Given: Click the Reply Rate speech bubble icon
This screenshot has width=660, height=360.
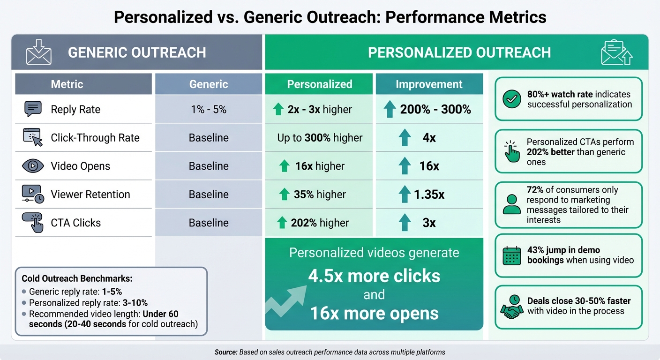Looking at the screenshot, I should tap(33, 109).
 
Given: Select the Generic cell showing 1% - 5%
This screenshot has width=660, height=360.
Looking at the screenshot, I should tap(209, 110).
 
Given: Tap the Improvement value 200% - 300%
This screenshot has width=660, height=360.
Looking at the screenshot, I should tap(435, 110).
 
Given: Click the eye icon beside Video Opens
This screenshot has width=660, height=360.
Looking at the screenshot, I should tap(33, 166).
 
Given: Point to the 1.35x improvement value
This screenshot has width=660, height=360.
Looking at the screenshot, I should tap(428, 195).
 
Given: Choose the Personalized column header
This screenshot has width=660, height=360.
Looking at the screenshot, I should tap(319, 84).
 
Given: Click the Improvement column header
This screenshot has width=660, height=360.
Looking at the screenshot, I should tap(429, 84).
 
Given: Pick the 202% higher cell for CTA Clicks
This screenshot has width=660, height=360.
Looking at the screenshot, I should tap(320, 223).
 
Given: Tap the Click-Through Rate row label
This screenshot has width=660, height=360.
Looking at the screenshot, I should tap(95, 138).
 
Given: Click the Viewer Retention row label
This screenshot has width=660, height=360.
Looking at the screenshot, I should tap(90, 195).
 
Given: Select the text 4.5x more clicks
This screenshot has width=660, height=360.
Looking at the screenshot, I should tap(374, 276).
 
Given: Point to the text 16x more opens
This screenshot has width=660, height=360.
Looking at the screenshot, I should tap(374, 314).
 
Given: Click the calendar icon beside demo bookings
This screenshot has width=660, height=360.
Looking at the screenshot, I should tap(511, 255).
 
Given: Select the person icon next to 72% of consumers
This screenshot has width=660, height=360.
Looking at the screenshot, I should tap(511, 204).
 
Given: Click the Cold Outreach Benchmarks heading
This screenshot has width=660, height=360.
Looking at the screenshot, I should tap(77, 278).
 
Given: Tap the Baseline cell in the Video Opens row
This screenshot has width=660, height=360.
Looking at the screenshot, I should tap(209, 166).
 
